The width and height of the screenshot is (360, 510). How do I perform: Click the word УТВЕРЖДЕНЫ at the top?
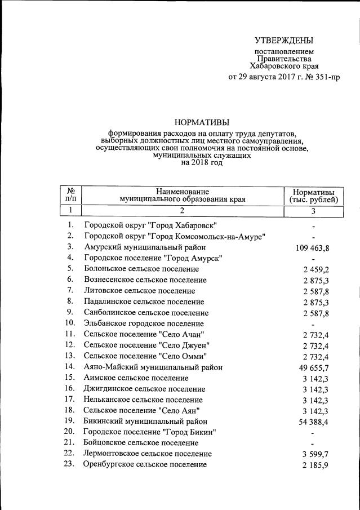tap(284, 40)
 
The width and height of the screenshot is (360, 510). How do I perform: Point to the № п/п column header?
tap(71, 195)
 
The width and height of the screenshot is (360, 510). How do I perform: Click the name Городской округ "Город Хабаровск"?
tap(150, 225)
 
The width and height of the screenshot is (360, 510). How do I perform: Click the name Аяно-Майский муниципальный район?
tap(153, 367)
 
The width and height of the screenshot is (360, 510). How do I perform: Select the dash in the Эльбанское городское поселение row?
tap(312, 324)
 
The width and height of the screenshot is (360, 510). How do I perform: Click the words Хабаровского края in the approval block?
tap(284, 65)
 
